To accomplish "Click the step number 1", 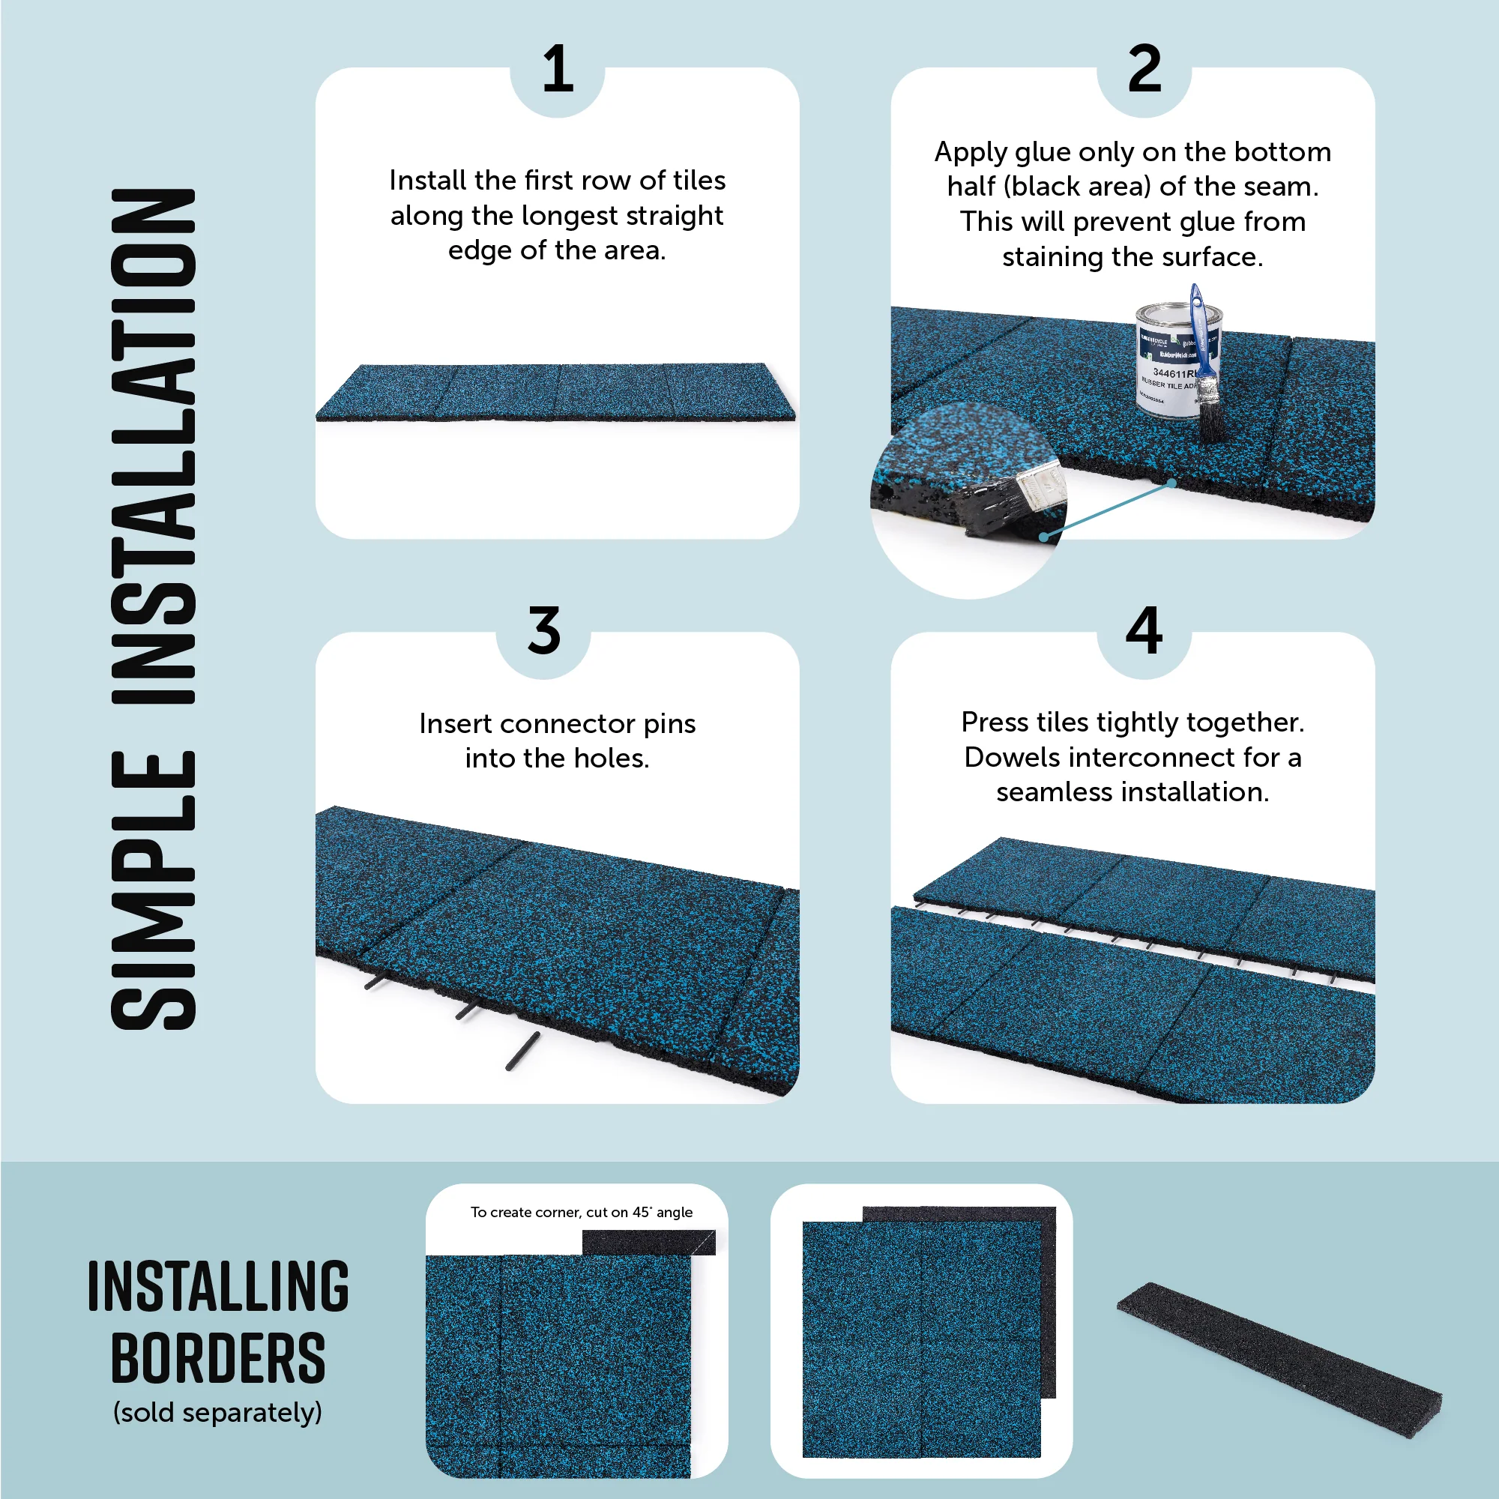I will tap(557, 70).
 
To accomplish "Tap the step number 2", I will tap(1144, 70).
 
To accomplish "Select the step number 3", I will tap(543, 630).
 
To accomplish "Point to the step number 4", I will tap(1144, 630).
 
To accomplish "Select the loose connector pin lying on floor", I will tap(522, 1052).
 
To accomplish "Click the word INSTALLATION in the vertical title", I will tap(154, 446).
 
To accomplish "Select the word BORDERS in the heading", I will tap(218, 1359).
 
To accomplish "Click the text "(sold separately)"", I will tap(217, 1412).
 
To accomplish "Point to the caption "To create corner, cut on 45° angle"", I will tap(581, 1212).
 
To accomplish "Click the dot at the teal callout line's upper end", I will tap(1171, 483).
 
